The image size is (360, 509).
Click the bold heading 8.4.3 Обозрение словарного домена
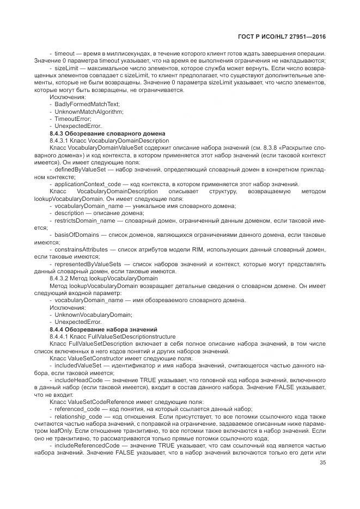coord(107,133)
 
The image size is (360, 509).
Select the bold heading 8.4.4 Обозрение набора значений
coord(103,329)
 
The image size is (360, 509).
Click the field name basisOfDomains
coord(75,234)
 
